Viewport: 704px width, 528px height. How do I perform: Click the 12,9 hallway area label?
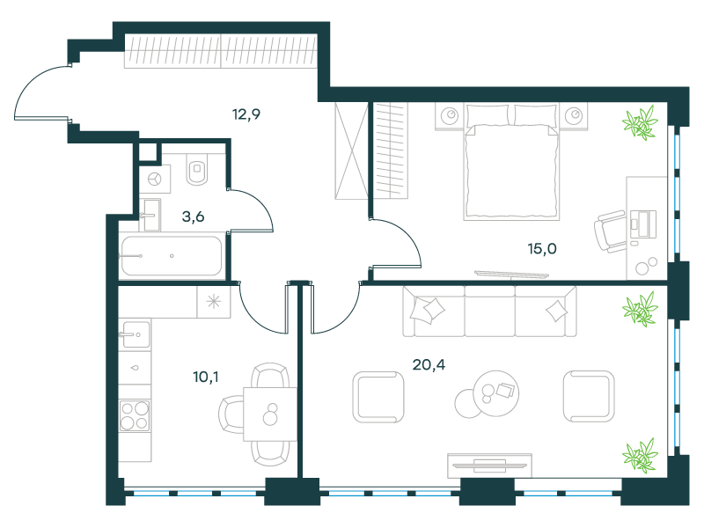(x=246, y=114)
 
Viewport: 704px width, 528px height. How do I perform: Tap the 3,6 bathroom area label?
(x=193, y=216)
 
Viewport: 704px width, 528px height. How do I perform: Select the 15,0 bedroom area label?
(x=542, y=248)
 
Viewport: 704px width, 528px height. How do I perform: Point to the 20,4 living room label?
(x=429, y=364)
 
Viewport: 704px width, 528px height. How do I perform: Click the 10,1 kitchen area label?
(x=206, y=378)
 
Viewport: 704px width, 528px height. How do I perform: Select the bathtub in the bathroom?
(x=172, y=256)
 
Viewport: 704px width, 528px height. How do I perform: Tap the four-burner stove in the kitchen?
(x=135, y=415)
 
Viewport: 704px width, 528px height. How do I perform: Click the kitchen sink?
(x=135, y=334)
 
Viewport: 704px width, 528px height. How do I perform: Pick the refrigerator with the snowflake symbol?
(x=214, y=302)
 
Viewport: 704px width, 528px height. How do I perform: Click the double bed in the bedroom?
(x=512, y=162)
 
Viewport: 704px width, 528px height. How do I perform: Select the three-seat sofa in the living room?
(x=489, y=312)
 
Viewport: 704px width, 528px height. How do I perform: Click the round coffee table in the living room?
(x=496, y=392)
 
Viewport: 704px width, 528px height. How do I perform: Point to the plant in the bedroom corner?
(x=640, y=121)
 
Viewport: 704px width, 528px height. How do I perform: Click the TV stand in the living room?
(x=489, y=466)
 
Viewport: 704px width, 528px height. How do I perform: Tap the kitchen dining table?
(x=270, y=414)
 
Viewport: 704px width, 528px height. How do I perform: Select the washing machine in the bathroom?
(x=155, y=180)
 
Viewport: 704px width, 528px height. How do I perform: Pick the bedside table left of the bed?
(x=450, y=116)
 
